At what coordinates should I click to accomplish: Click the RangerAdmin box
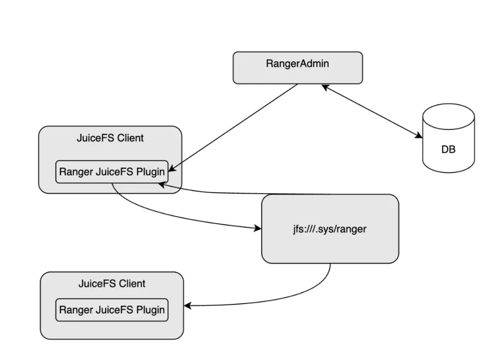pos(298,68)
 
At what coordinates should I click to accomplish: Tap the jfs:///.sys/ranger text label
pos(330,229)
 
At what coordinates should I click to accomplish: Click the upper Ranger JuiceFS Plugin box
pos(112,172)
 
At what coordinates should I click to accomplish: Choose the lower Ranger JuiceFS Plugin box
pos(112,310)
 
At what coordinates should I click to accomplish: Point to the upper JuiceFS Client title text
pos(110,138)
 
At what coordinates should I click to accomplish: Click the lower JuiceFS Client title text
pos(112,283)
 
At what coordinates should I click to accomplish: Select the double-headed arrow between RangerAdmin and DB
pos(372,111)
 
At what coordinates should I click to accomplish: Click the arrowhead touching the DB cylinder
pos(418,135)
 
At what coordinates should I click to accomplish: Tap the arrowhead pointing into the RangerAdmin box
pos(325,87)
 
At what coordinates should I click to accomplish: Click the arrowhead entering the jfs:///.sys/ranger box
pos(257,228)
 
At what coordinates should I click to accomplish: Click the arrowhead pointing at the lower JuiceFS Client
pos(187,306)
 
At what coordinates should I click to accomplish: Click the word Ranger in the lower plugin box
pos(76,310)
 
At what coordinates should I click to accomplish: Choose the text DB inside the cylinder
pos(448,150)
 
